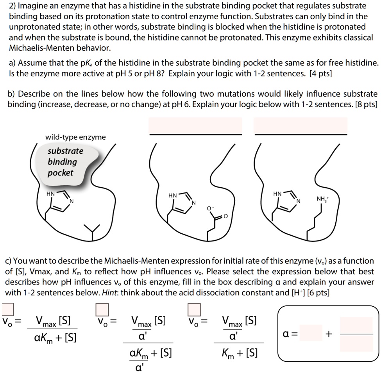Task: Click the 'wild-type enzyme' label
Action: tap(75, 137)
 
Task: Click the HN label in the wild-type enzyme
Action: tap(51, 193)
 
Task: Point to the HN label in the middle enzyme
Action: tap(172, 195)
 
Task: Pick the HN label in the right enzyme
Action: tap(277, 194)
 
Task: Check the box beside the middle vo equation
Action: tap(103, 309)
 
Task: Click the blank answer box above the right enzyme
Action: tap(301, 125)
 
